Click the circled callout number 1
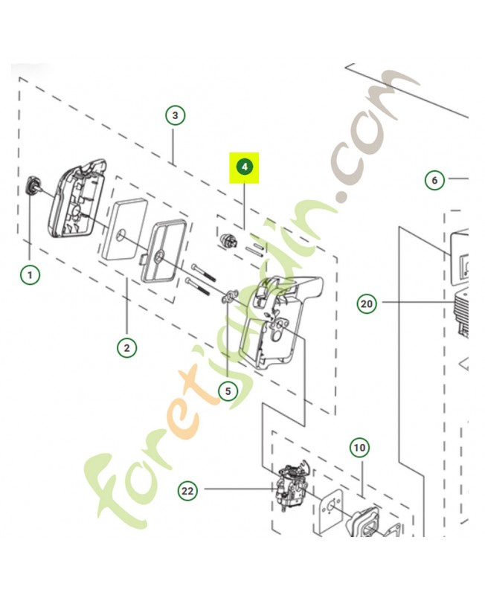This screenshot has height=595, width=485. coord(30,274)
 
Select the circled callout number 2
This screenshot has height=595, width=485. coord(126,347)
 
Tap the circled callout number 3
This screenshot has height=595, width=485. coord(175,115)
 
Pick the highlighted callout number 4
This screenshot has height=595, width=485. coord(244,167)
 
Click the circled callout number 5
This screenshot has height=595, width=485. coord(228,391)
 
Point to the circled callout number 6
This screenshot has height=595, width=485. coord(434,180)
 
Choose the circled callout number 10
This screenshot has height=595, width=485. coord(359,448)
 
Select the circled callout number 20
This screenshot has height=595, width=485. coord(367,303)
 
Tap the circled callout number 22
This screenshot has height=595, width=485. coord(187,491)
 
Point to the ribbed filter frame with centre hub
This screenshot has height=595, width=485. coord(163,252)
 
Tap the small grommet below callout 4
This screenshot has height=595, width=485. coord(228,241)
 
